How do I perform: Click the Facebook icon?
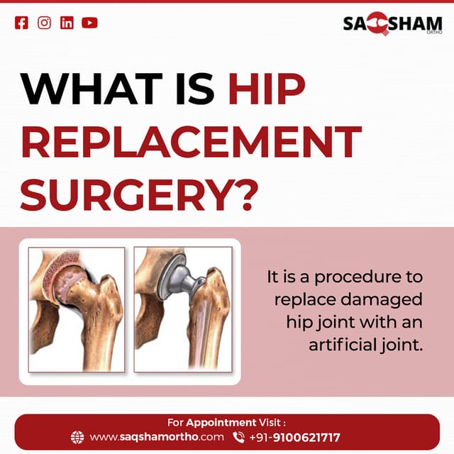point(22,23)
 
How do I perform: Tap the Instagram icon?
point(44,23)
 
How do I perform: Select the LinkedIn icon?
point(67,23)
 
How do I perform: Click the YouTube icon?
point(89,23)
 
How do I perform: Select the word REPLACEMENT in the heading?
point(191,142)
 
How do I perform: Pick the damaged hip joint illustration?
point(77,309)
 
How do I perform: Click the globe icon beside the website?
point(78,437)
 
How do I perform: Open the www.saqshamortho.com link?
point(157,437)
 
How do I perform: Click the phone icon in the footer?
point(238,437)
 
